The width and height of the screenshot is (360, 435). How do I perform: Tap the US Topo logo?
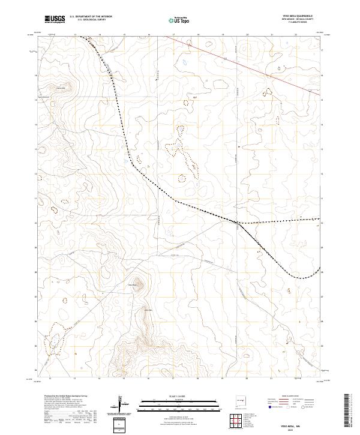click(173, 20)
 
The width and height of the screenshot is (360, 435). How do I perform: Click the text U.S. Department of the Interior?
click(91, 17)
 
